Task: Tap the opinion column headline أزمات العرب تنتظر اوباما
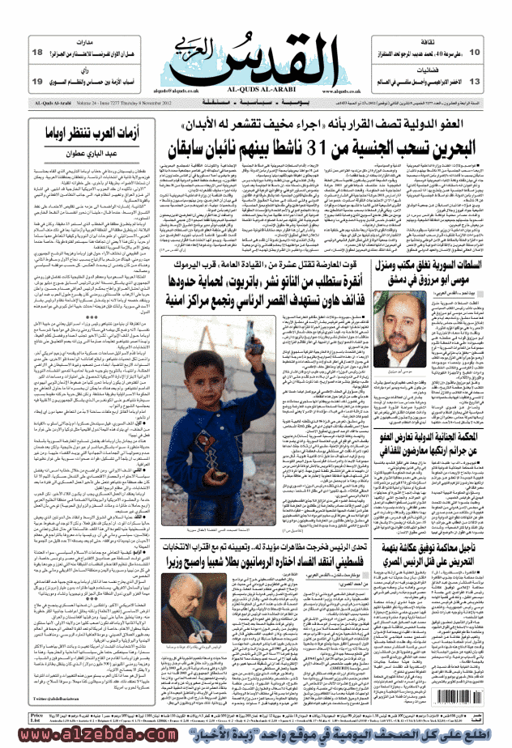click(85, 130)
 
